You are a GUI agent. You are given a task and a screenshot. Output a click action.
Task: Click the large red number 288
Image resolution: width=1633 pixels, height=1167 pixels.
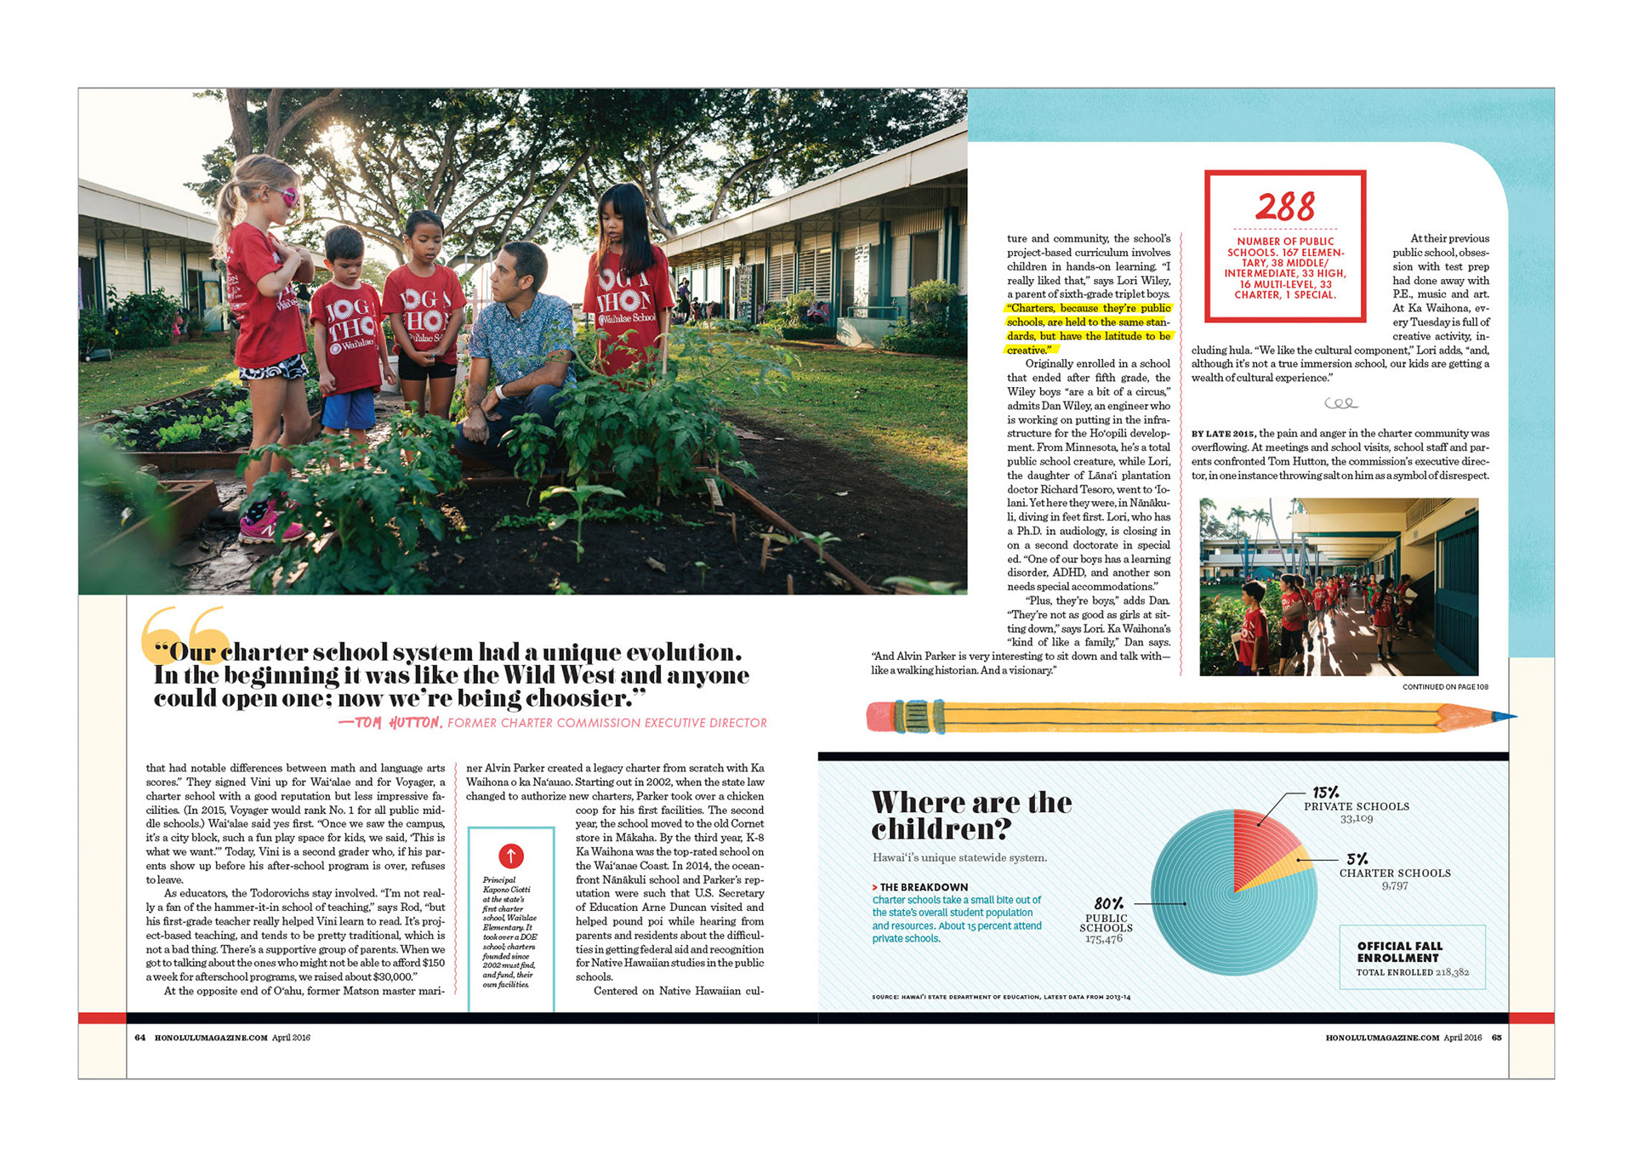tap(1284, 206)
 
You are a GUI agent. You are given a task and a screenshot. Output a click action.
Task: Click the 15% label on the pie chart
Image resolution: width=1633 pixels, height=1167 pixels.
tap(1325, 793)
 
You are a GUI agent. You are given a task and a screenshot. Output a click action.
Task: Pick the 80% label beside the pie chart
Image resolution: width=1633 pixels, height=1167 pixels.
tap(1108, 903)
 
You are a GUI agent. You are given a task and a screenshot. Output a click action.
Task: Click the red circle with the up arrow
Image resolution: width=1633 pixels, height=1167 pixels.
tap(510, 855)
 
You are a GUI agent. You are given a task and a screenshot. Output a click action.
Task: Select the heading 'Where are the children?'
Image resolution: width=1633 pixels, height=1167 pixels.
tap(971, 814)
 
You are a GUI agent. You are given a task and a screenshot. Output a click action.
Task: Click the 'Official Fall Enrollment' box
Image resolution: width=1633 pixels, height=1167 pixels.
tap(1412, 957)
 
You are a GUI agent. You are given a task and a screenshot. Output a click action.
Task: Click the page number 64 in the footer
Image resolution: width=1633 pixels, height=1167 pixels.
tap(140, 1038)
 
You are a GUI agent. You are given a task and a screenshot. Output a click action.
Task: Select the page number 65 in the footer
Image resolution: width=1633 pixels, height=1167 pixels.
tap(1496, 1038)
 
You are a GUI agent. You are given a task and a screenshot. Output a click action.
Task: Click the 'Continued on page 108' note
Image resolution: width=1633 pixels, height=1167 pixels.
tap(1445, 686)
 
